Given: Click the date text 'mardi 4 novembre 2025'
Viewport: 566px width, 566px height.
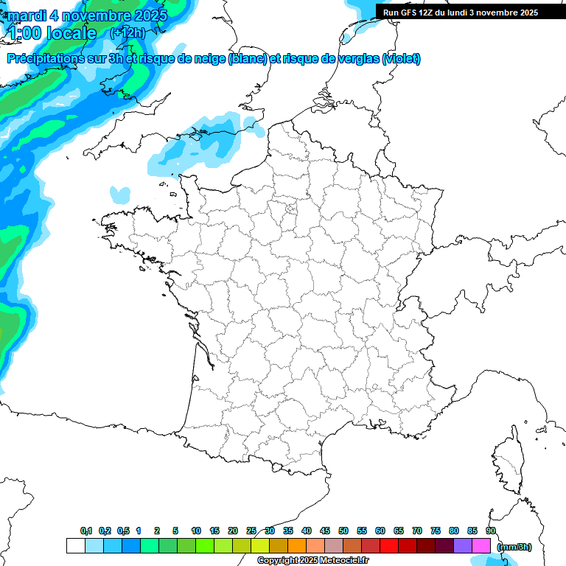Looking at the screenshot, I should [x=87, y=15].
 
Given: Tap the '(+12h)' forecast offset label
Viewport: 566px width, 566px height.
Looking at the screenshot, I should [x=127, y=32].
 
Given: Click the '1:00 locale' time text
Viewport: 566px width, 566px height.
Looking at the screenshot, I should [x=52, y=33].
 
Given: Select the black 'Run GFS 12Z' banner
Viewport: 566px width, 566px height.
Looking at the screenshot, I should [x=470, y=12].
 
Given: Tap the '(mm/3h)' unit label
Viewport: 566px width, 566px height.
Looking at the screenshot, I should [x=514, y=546].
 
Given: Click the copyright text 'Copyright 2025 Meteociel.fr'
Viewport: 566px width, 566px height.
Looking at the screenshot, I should [x=313, y=561].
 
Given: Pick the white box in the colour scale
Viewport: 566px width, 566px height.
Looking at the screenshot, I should [x=75, y=545].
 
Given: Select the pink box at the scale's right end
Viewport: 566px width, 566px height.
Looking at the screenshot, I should [x=481, y=545].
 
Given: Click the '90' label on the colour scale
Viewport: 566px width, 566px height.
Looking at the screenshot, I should [x=491, y=531].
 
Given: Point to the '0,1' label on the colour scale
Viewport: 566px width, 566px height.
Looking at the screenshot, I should [x=86, y=531].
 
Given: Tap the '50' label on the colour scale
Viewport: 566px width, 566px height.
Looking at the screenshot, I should [x=343, y=531].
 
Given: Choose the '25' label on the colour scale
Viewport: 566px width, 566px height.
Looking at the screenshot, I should [x=251, y=531].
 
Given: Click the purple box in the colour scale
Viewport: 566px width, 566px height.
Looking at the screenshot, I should [x=463, y=545].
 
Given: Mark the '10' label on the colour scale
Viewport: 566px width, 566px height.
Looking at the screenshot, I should [x=196, y=531].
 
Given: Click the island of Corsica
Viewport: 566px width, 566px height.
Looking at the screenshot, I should [x=509, y=461].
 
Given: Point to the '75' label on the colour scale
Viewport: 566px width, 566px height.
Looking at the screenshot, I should [x=436, y=531].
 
